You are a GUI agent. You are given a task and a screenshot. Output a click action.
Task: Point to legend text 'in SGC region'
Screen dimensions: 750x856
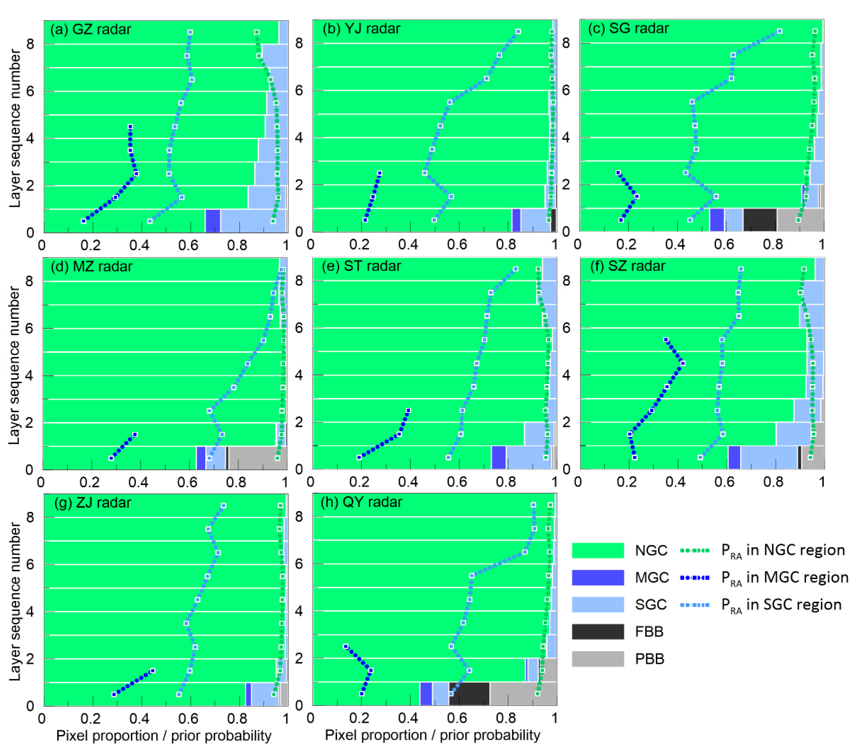[x=781, y=605]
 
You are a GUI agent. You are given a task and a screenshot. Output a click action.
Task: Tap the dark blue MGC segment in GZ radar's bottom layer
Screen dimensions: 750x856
[x=213, y=221]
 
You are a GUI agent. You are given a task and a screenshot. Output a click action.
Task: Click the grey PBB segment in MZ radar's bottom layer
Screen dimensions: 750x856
[x=257, y=458]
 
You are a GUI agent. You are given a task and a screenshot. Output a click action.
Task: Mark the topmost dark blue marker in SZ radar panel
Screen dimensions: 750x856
[x=666, y=340]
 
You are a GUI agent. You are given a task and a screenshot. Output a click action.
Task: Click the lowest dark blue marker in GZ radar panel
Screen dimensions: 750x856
[x=83, y=221]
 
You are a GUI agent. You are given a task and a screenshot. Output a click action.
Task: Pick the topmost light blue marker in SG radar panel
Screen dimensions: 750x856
[x=779, y=31]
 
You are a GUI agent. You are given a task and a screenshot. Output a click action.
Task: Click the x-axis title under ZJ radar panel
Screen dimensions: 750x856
[x=164, y=736]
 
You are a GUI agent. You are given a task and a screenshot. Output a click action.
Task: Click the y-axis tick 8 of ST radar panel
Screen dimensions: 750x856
[x=298, y=280]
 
